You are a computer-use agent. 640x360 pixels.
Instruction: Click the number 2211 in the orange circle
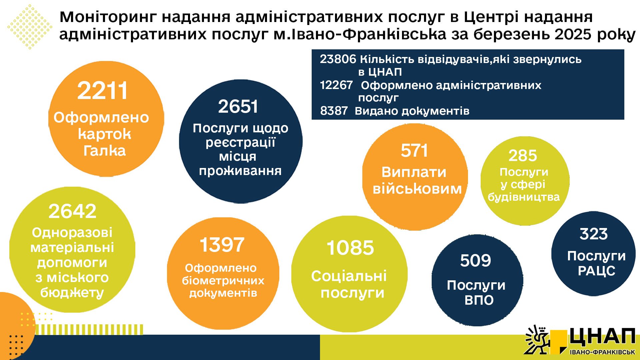coord(102,91)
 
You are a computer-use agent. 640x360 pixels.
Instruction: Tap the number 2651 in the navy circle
coord(238,107)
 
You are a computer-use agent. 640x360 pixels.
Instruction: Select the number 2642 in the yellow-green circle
coord(72,211)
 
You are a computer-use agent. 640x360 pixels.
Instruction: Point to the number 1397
coord(222,245)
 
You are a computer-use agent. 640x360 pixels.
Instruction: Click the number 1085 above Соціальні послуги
coord(350,248)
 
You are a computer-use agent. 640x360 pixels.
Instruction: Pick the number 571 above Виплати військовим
coord(414,151)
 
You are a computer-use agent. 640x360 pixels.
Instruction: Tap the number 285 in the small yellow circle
coord(523,156)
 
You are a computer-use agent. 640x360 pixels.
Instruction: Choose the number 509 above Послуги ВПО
coord(476,261)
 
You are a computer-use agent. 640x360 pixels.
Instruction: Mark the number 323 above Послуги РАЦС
coord(594,234)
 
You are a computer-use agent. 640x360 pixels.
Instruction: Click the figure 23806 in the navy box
coord(338,59)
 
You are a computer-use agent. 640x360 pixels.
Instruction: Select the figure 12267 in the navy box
coord(336,85)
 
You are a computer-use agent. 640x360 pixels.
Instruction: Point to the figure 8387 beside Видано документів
coord(334,111)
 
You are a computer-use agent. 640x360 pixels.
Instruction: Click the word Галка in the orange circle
coord(105,151)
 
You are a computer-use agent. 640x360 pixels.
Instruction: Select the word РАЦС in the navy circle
coord(597,271)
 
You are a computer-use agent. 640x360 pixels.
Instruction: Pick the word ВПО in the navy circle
coord(479,300)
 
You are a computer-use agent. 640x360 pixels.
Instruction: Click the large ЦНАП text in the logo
coord(602,338)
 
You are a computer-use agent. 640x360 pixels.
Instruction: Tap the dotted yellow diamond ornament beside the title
coord(30,27)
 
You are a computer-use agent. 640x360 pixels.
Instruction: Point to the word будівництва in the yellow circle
coord(524,197)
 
